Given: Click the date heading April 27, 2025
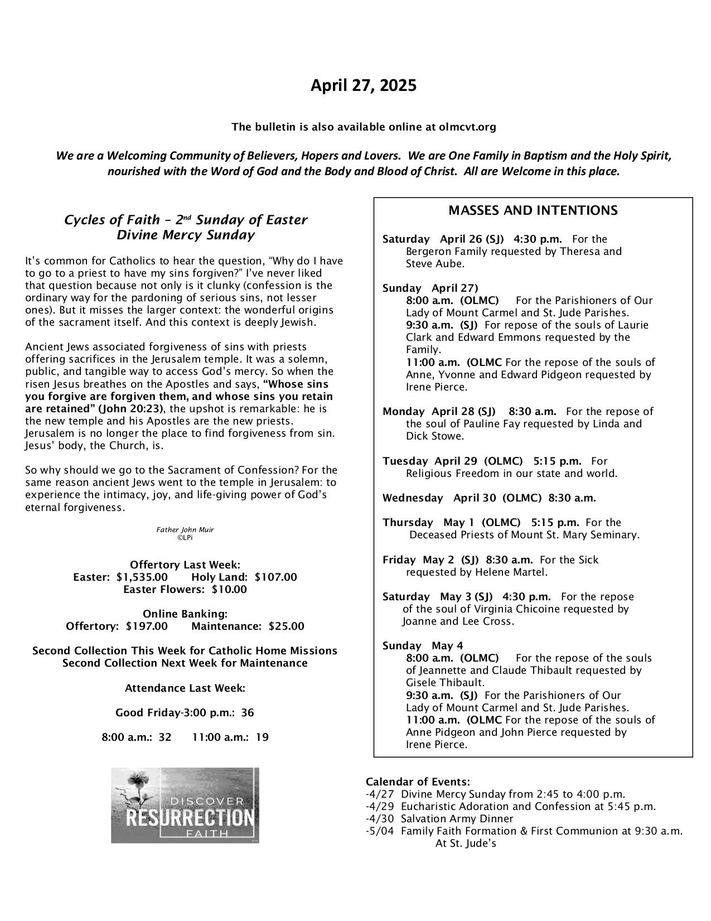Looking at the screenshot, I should [x=363, y=86].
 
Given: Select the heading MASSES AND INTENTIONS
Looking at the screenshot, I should [x=533, y=210].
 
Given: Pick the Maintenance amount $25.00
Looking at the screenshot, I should [x=286, y=626].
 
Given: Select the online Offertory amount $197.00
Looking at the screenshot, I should [x=147, y=626].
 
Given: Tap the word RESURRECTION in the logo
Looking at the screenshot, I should [x=190, y=818].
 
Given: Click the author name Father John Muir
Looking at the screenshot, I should [x=185, y=529].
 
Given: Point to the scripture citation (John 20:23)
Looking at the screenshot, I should [x=131, y=409].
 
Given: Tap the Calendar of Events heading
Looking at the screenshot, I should [x=418, y=782].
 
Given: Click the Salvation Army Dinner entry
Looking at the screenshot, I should [x=457, y=818].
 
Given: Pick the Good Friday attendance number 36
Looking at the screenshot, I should [x=248, y=712].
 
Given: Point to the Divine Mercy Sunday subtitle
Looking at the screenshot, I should [x=185, y=235].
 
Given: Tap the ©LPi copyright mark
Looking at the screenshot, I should [x=185, y=537].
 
